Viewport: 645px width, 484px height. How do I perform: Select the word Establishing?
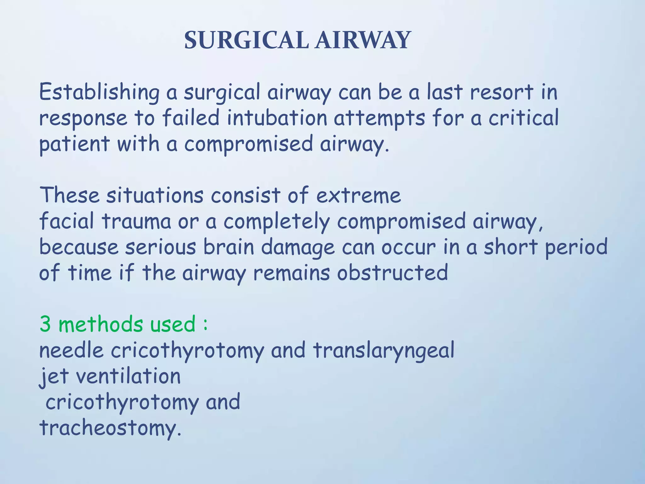[99, 92]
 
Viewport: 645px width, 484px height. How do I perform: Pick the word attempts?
[379, 118]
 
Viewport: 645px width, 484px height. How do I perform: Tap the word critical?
[523, 118]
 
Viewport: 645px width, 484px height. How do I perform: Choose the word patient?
[74, 144]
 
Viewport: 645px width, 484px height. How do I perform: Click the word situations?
[155, 195]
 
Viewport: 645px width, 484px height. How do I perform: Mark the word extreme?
[358, 195]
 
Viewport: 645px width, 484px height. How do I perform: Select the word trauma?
[136, 221]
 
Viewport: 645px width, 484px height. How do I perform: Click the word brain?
[229, 247]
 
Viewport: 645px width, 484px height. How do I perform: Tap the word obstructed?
[392, 273]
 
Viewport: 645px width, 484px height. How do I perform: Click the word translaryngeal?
[384, 350]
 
